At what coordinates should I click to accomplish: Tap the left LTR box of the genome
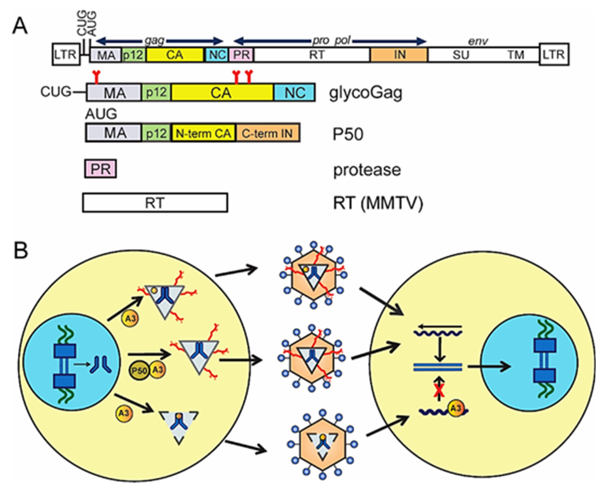coord(66,54)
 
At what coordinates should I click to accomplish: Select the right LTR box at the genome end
coord(553,54)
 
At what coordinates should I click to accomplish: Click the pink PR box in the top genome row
coord(241,55)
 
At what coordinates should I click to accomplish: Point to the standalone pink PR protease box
coord(100,169)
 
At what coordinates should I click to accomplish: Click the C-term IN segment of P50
coord(267,133)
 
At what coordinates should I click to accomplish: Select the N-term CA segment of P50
coord(203,133)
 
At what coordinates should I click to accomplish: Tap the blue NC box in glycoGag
coord(294,93)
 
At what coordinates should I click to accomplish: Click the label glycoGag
coord(365,93)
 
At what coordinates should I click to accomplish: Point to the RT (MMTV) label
coord(378,203)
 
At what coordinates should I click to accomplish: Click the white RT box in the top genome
coord(316,55)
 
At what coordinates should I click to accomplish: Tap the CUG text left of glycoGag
coord(56,92)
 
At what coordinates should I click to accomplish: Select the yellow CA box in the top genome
coord(174,55)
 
